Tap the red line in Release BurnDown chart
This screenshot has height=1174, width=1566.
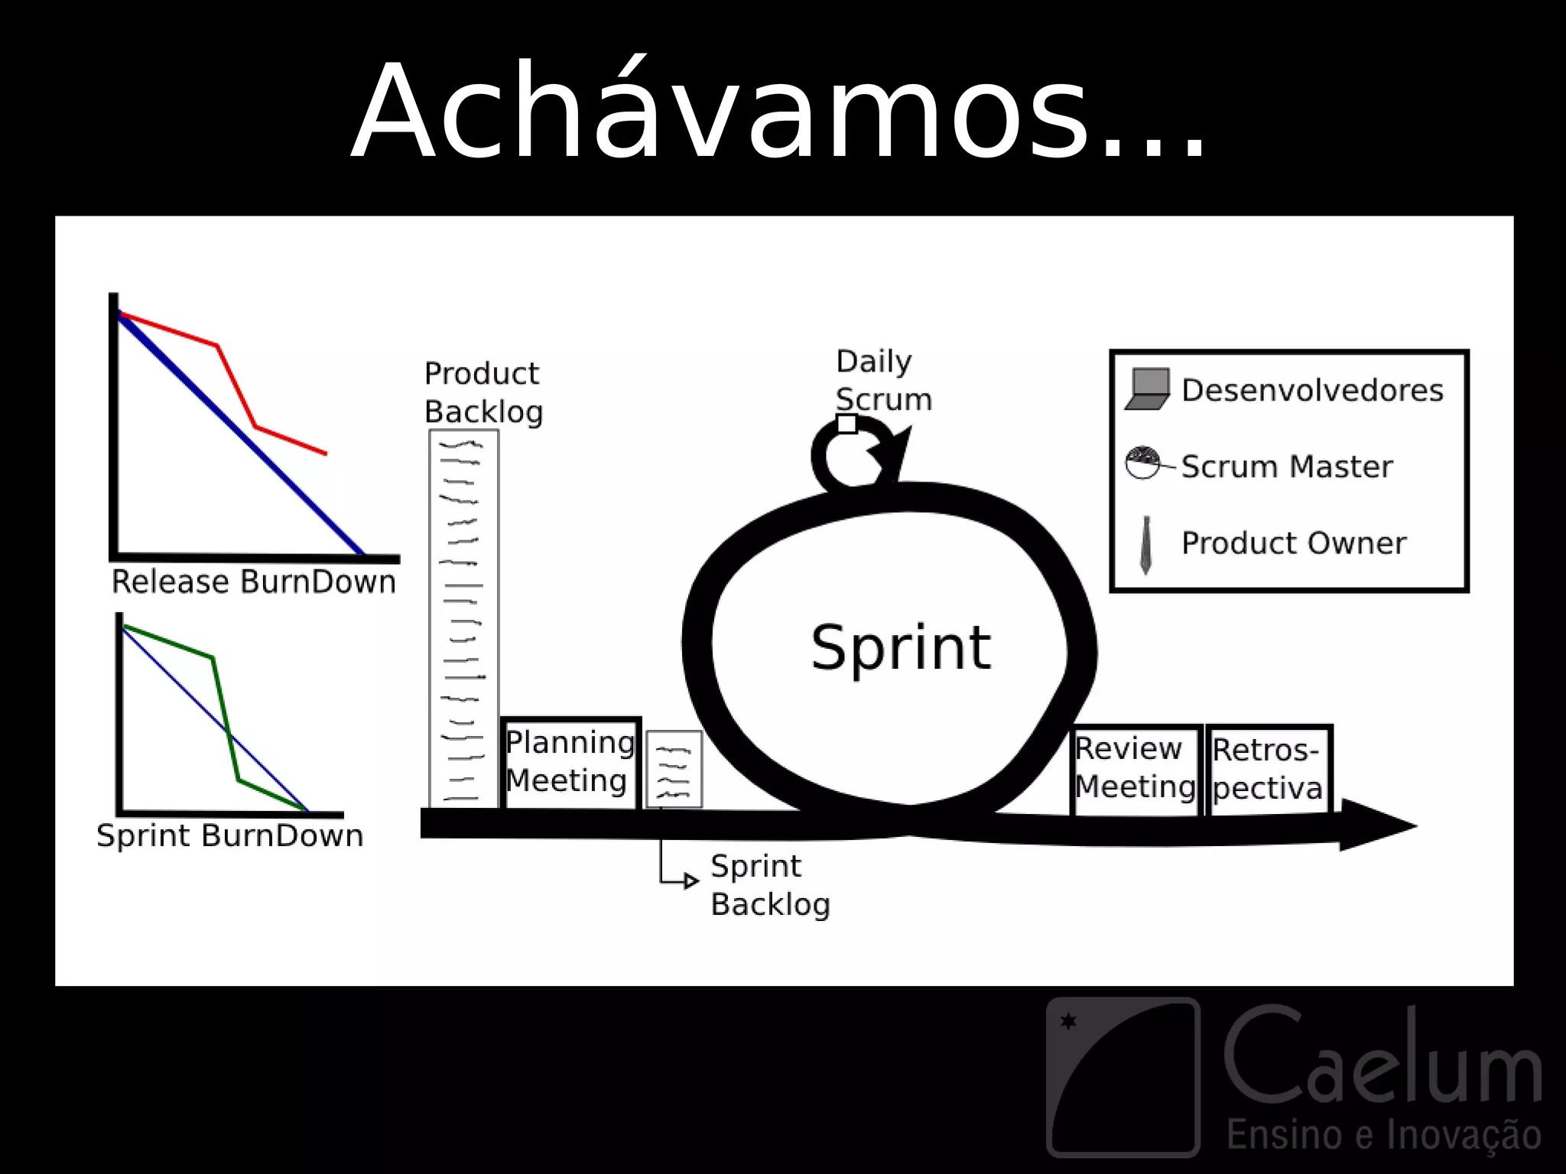[236, 386]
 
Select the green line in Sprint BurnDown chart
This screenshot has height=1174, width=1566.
[226, 718]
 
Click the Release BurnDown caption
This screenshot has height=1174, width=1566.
[254, 582]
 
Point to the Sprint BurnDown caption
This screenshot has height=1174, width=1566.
[229, 835]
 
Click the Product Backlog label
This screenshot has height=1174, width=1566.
[483, 393]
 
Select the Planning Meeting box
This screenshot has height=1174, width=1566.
[570, 762]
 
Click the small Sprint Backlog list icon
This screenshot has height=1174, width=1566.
[674, 768]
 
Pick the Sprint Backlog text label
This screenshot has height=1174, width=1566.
[769, 885]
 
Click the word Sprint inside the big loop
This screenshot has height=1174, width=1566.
[901, 647]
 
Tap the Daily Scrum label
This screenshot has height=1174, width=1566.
[883, 380]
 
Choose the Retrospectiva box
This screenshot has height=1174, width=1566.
[1268, 769]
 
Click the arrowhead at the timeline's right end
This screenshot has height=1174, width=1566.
[1376, 825]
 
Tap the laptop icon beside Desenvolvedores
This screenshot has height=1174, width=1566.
[1148, 390]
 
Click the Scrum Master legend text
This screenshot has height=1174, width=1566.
[1286, 466]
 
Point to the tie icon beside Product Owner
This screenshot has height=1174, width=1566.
[1145, 544]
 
